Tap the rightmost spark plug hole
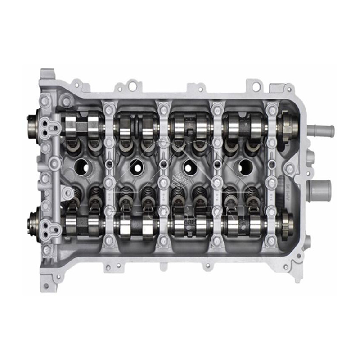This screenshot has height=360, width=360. [245, 167]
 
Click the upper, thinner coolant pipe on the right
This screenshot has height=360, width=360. [323, 131]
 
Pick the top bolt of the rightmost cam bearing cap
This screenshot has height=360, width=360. [271, 108]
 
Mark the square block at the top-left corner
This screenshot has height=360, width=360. [47, 75]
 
